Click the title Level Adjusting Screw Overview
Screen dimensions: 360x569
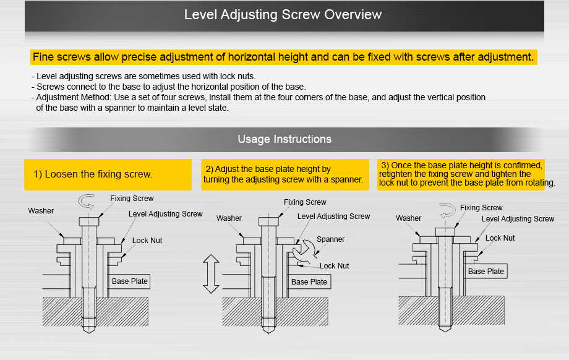coord(283,14)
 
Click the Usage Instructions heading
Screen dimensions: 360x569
coord(284,139)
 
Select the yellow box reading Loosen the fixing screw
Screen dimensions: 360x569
coord(108,174)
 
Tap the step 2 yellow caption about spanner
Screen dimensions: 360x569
coord(283,174)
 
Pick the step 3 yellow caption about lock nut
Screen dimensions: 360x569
coord(461,174)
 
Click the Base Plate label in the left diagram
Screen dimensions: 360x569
coord(130,281)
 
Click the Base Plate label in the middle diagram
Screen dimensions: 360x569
coord(309,282)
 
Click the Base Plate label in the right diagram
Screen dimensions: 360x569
coord(486,272)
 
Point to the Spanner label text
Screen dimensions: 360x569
coord(330,239)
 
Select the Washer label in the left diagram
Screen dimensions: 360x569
coord(41,211)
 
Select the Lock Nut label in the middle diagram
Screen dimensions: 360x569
coord(334,266)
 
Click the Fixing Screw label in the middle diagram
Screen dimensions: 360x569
coord(305,202)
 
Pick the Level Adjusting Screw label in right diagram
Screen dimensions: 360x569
coord(518,219)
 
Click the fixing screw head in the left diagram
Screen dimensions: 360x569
coord(89,221)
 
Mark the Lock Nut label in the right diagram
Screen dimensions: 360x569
coord(500,238)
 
